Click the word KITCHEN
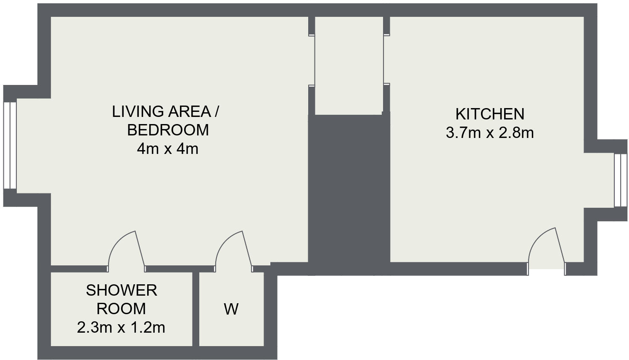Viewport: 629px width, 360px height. (x=490, y=114)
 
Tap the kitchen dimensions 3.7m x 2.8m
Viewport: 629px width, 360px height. (x=490, y=133)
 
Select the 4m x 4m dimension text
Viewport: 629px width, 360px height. (x=167, y=149)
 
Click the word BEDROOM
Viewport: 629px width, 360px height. (x=168, y=130)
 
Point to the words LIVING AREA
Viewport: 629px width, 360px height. (x=162, y=112)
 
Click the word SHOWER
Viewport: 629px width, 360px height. (x=122, y=290)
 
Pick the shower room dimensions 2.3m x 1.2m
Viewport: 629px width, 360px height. (x=121, y=327)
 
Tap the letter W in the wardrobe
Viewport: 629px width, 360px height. (x=231, y=310)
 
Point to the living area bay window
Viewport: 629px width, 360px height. (x=10, y=146)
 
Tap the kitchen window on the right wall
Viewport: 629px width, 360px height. (x=620, y=180)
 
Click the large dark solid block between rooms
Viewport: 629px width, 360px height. (x=349, y=193)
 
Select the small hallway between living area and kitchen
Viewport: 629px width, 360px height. (x=349, y=65)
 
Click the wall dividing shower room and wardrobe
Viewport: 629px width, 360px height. (x=196, y=309)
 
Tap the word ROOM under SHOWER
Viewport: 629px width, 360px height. (x=122, y=309)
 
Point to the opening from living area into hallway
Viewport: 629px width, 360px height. (x=312, y=60)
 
